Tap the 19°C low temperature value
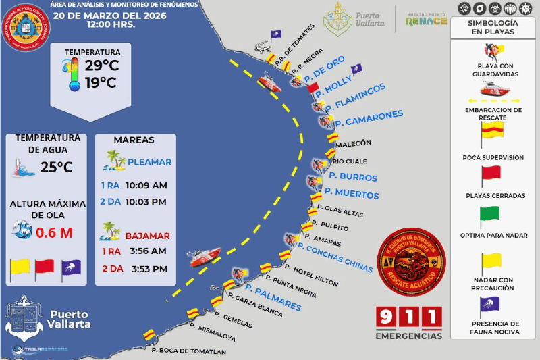click(x=101, y=83)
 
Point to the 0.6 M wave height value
click(x=54, y=232)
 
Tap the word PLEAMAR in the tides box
click(x=149, y=162)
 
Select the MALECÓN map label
click(x=353, y=143)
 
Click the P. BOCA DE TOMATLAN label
click(x=188, y=351)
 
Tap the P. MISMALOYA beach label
click(x=213, y=332)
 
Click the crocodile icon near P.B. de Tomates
click(x=261, y=47)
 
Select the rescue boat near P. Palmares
click(x=204, y=257)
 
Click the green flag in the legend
click(x=489, y=217)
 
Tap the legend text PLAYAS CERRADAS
click(x=495, y=196)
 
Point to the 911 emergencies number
click(x=409, y=317)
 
